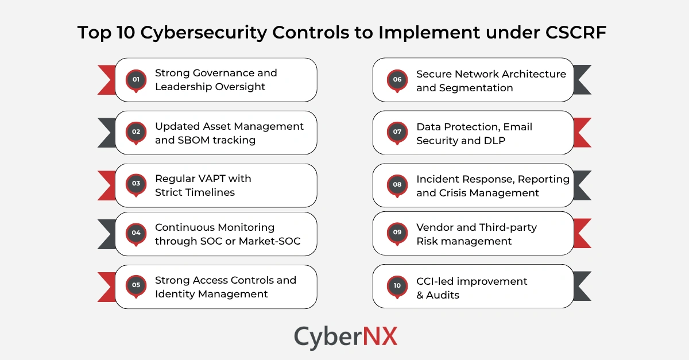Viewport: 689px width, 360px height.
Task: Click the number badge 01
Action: pyautogui.click(x=136, y=79)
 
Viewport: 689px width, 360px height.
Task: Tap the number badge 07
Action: pyautogui.click(x=397, y=131)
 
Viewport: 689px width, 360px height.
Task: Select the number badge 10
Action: pyautogui.click(x=397, y=285)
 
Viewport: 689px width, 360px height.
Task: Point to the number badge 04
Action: pyautogui.click(x=136, y=233)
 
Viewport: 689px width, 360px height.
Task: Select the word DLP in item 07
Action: pyautogui.click(x=494, y=140)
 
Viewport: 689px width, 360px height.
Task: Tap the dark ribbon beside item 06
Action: pyautogui.click(x=582, y=79)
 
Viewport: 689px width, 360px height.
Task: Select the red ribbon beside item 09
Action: pyautogui.click(x=582, y=233)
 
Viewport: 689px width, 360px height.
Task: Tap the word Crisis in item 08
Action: pyautogui.click(x=455, y=193)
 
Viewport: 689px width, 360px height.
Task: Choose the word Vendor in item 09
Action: pyautogui.click(x=434, y=227)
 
